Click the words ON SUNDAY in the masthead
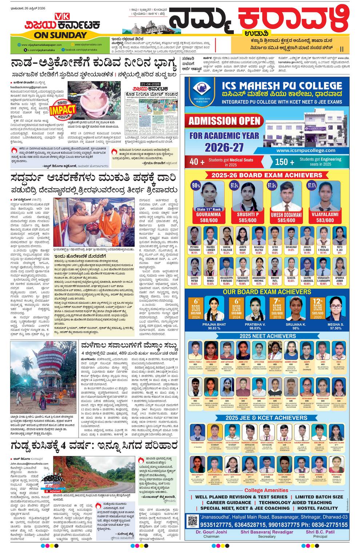pyautogui.click(x=60, y=35)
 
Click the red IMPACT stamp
pyautogui.click(x=62, y=109)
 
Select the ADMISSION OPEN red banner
pyautogui.click(x=224, y=121)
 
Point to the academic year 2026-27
pyautogui.click(x=224, y=147)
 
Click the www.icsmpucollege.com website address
pyautogui.click(x=305, y=150)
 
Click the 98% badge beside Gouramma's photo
pyautogui.click(x=196, y=185)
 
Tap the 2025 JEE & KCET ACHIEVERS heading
pyautogui.click(x=266, y=418)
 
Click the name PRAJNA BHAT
pyautogui.click(x=214, y=324)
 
